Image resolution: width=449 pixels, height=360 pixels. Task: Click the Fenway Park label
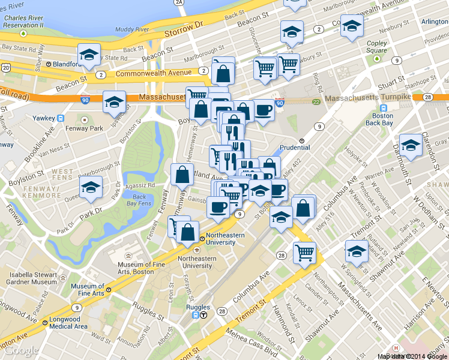pos(88,128)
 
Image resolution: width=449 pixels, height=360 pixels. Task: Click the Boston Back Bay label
pos(382,119)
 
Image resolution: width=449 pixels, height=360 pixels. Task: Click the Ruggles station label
pos(199,307)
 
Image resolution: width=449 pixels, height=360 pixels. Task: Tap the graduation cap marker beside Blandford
pos(89,55)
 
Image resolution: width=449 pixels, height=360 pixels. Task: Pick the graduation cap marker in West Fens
pos(91,187)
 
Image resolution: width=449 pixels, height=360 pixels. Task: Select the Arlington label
pos(435,22)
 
